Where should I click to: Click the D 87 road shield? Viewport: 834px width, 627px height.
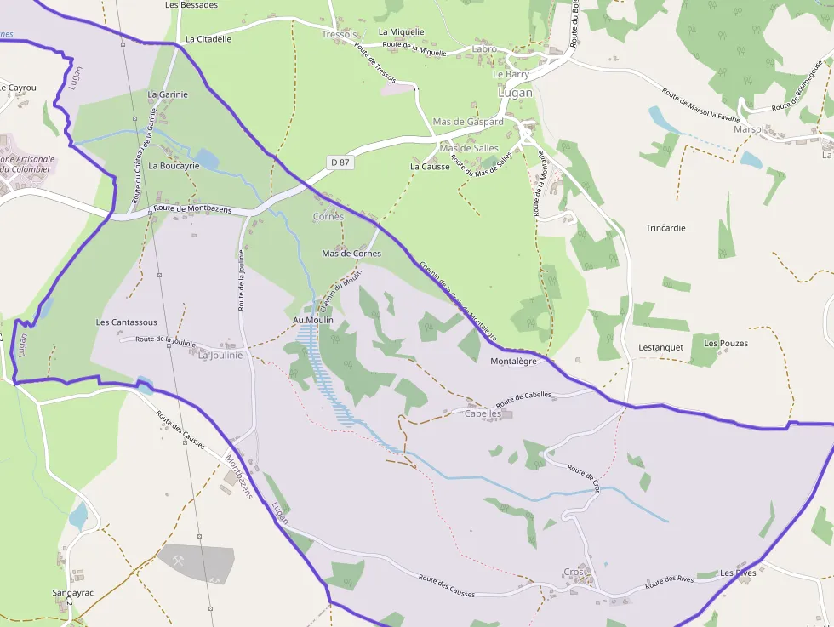click(340, 162)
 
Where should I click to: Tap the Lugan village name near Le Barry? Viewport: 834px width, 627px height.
click(515, 93)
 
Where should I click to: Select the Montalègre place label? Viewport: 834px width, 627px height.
click(514, 362)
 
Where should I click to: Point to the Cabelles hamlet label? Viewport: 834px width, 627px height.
click(482, 413)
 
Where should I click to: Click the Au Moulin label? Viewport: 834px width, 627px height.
click(312, 320)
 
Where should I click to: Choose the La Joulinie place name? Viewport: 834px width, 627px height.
click(220, 356)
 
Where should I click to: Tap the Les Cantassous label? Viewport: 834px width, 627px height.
click(127, 322)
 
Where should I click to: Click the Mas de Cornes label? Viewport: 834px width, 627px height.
click(351, 254)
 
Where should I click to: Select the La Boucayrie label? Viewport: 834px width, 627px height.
click(174, 166)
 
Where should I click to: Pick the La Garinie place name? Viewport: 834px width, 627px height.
click(168, 94)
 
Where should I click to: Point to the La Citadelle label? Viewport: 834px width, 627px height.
click(208, 39)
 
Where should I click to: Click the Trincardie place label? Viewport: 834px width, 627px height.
click(665, 228)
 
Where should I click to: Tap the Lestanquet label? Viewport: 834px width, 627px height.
click(660, 347)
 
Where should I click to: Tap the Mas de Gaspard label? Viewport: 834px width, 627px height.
click(468, 122)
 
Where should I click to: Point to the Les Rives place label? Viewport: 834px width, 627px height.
click(738, 573)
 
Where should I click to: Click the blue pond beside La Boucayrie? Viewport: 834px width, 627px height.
click(207, 159)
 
